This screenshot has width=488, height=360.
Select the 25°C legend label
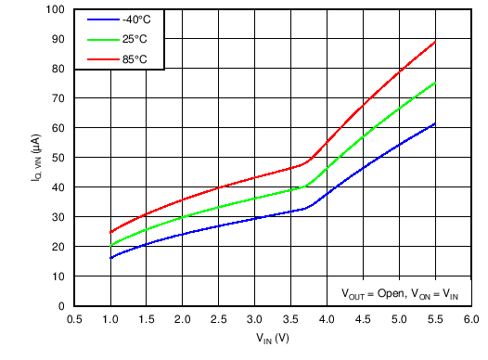(x=133, y=40)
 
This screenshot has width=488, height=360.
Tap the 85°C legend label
(x=133, y=59)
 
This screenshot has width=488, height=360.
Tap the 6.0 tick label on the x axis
(x=470, y=318)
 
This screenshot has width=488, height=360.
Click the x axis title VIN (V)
(x=273, y=339)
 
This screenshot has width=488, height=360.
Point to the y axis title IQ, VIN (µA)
(x=34, y=158)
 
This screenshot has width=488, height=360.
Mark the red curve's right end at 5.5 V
(x=434, y=42)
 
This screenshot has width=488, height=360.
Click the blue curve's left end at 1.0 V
(x=110, y=258)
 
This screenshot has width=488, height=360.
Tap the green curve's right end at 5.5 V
(x=434, y=83)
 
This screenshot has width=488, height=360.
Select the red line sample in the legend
(x=99, y=59)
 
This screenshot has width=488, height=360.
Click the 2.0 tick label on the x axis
(x=183, y=318)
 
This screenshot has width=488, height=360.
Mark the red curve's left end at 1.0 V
(x=110, y=232)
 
